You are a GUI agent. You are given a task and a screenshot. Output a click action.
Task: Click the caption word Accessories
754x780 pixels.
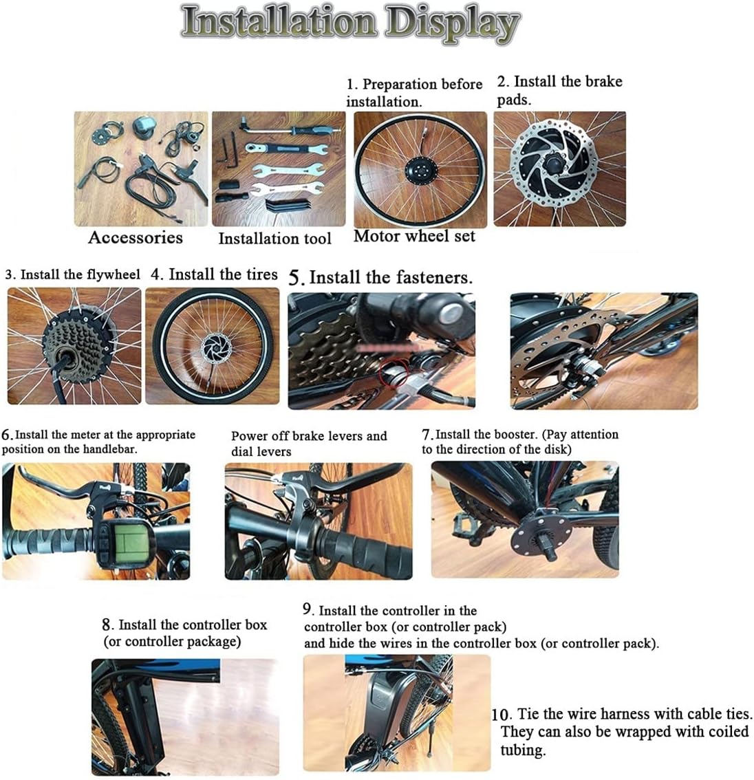coord(136,238)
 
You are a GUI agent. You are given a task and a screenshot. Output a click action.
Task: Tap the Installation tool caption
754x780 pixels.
coord(274,239)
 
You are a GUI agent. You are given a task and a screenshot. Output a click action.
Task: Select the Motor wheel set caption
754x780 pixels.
coord(414,237)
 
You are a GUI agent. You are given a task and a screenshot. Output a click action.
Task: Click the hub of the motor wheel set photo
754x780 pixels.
coord(419,169)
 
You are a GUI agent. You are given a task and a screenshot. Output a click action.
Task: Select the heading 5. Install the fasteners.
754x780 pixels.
coord(380,278)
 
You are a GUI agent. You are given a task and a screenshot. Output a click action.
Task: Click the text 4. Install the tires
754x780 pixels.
coord(214,274)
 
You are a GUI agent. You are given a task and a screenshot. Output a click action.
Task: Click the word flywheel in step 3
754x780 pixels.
coord(113,274)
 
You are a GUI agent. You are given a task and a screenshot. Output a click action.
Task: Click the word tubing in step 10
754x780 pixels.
coord(523,750)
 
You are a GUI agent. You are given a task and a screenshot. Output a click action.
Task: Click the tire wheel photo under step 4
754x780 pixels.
coord(213,346)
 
